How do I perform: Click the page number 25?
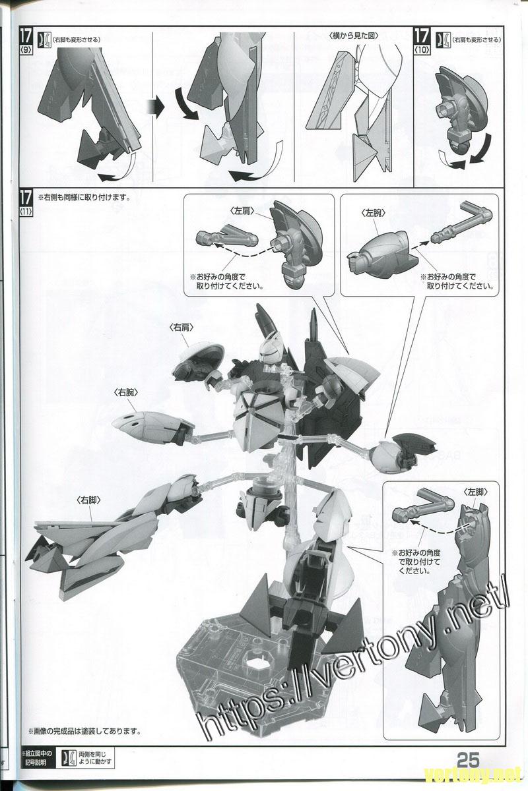coord(475,757)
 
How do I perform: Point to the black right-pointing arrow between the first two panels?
coord(152,105)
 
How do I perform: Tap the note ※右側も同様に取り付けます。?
coord(84,197)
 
